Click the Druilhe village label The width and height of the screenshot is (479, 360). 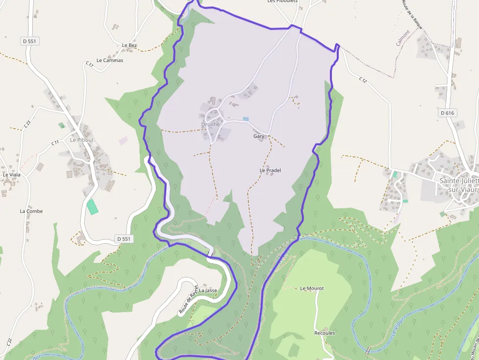click(211, 125)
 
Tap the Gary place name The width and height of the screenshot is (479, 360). click(259, 136)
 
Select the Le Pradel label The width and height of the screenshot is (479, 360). click(270, 170)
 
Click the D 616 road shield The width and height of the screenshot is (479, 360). click(447, 113)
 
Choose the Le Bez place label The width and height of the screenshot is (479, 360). click(130, 45)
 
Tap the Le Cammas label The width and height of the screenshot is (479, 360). click(110, 61)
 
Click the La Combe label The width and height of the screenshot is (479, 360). click(31, 212)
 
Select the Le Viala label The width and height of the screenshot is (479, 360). click(12, 174)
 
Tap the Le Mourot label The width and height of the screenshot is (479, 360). click(312, 289)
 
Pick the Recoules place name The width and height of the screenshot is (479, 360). click(325, 333)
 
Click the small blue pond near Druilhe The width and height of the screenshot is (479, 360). click(245, 119)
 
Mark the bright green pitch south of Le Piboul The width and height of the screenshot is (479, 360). click(92, 206)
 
